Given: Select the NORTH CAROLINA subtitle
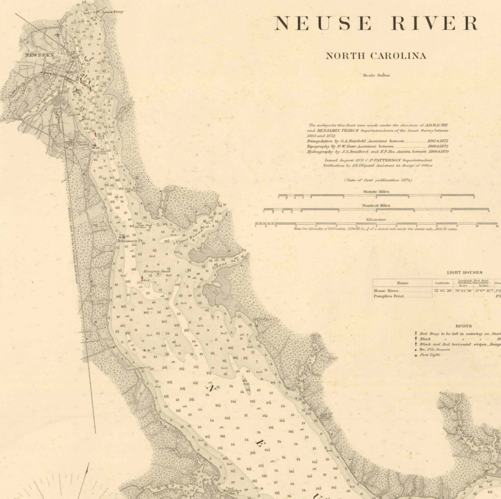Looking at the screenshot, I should (376, 56).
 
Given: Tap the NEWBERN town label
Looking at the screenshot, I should (39, 55).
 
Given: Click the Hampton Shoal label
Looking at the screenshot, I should (156, 271).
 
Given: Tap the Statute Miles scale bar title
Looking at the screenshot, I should (376, 191).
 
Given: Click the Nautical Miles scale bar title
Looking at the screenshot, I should (376, 205).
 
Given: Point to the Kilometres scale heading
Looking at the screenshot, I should (376, 220).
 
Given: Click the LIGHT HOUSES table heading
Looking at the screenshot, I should (464, 272).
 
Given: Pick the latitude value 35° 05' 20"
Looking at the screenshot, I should (443, 291).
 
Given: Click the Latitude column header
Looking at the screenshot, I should (442, 283).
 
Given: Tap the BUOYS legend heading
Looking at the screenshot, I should (463, 326).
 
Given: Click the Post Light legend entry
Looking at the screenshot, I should (430, 355).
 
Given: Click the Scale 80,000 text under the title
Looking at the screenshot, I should (376, 75).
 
